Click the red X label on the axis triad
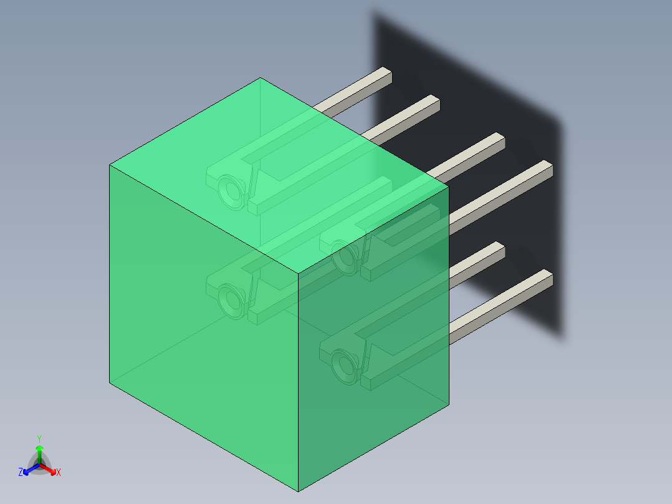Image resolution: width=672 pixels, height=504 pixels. pyautogui.click(x=59, y=473)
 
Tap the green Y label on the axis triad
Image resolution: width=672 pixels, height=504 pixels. pyautogui.click(x=39, y=438)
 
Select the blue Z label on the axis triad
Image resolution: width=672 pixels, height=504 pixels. pyautogui.click(x=21, y=473)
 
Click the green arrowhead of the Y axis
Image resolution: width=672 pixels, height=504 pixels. pyautogui.click(x=39, y=448)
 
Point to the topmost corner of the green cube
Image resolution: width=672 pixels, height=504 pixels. pyautogui.click(x=260, y=78)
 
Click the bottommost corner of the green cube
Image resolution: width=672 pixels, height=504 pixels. pyautogui.click(x=299, y=491)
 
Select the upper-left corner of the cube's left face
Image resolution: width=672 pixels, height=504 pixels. pyautogui.click(x=110, y=165)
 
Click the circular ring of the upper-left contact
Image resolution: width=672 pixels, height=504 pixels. pyautogui.click(x=231, y=191)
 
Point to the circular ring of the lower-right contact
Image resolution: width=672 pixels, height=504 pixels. pyautogui.click(x=345, y=366)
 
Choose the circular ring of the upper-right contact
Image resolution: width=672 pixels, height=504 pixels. pyautogui.click(x=345, y=256)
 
